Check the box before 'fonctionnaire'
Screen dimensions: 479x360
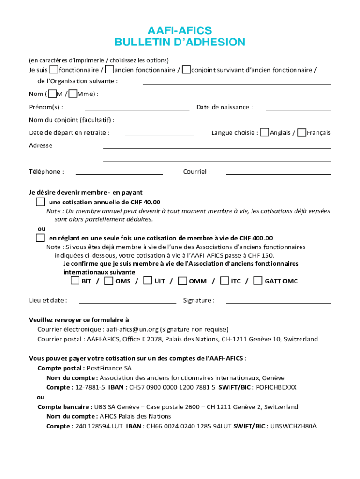[54, 70]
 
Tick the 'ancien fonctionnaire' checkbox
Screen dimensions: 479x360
[109, 70]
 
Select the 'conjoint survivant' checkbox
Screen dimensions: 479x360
[186, 70]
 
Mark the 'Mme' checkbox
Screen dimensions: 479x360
[72, 94]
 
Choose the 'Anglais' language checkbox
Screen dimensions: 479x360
[265, 132]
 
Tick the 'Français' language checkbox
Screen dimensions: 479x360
[302, 132]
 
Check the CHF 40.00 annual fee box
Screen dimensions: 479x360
[41, 202]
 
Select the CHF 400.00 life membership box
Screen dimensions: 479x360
[41, 238]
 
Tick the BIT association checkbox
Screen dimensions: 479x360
[75, 281]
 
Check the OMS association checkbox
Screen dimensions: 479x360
[109, 281]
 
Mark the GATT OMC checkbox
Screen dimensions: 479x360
[258, 281]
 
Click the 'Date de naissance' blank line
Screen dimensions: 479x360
[298, 109]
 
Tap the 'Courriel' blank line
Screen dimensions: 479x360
[278, 174]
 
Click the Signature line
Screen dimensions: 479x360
[278, 303]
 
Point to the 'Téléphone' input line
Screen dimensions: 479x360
[119, 174]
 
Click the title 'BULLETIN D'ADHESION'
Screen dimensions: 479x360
[180, 43]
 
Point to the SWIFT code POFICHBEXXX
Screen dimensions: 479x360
[276, 387]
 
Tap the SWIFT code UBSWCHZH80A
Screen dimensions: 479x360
[293, 426]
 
